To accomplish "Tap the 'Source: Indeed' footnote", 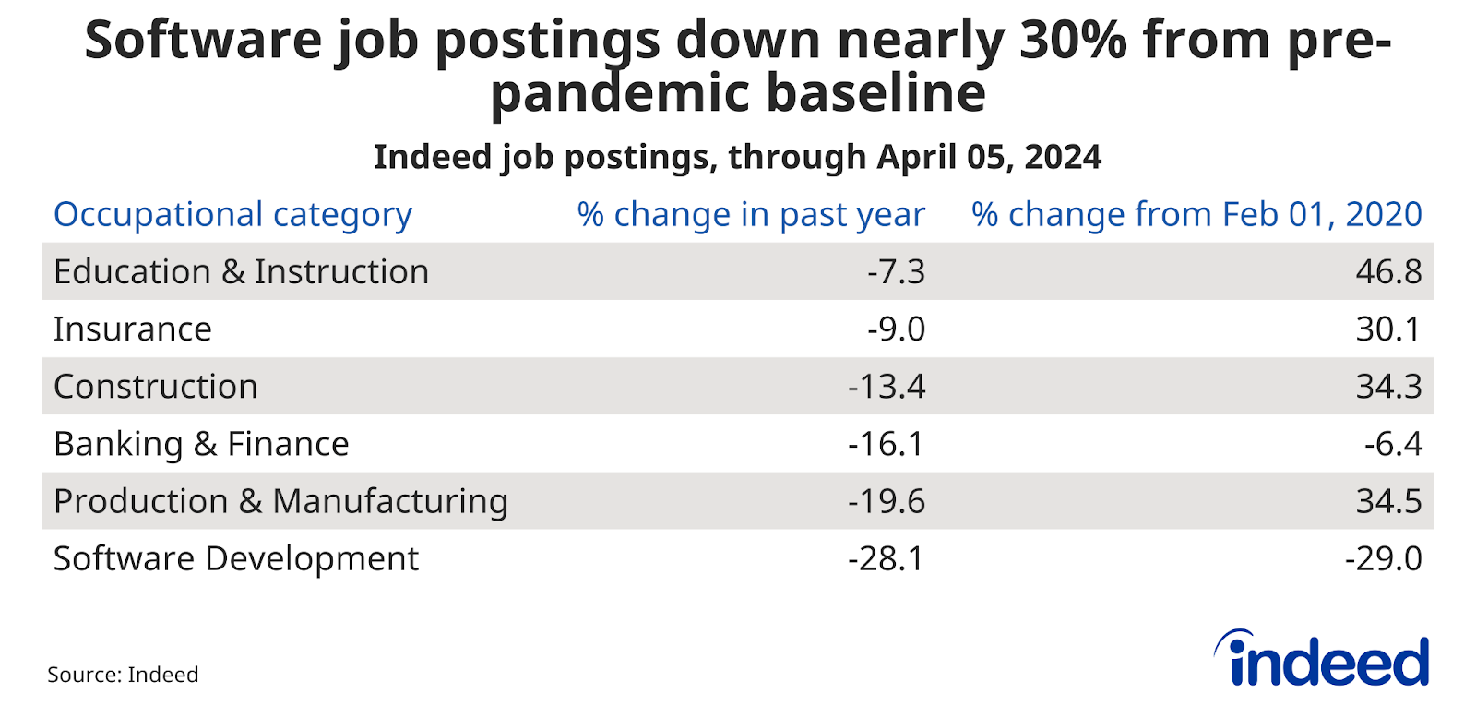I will [123, 675].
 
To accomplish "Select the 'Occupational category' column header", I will [232, 214].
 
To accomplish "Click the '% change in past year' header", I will [751, 214].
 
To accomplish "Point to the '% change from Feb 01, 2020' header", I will [1196, 214].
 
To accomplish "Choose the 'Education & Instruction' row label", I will [241, 272].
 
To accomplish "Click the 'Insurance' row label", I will [133, 329].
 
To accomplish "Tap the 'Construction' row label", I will [156, 387].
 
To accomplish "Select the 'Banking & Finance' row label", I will [201, 444].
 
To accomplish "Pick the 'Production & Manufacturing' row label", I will [280, 501].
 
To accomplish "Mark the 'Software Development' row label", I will [236, 558].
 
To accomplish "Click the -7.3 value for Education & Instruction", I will [896, 272].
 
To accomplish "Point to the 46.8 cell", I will [1388, 272].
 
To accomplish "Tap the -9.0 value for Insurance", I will [896, 329].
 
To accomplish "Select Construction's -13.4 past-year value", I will [887, 387].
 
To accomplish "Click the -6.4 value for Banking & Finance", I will [1393, 444].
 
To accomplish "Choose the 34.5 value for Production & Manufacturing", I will [1388, 501].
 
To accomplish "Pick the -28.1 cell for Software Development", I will [887, 558].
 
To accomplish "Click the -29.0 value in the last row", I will [1383, 558].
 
